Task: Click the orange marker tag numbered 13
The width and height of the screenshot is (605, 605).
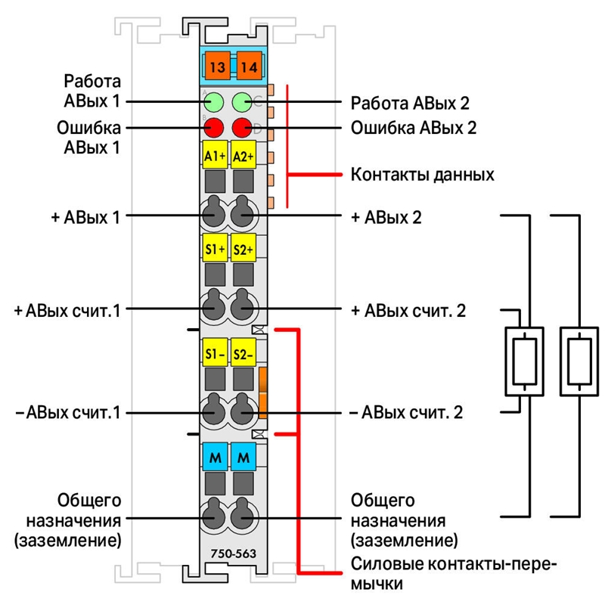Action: pyautogui.click(x=218, y=66)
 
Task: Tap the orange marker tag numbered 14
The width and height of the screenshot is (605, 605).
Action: pyautogui.click(x=249, y=66)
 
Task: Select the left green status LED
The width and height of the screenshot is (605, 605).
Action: pyautogui.click(x=213, y=102)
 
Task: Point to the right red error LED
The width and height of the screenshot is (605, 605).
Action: pyautogui.click(x=242, y=128)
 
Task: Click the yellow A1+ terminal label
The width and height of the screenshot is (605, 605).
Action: pyautogui.click(x=215, y=155)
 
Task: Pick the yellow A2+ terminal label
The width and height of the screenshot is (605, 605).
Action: pyautogui.click(x=244, y=155)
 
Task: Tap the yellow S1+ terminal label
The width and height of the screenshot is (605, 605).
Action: pyautogui.click(x=215, y=248)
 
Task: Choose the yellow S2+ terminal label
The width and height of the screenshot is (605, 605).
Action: pyautogui.click(x=244, y=248)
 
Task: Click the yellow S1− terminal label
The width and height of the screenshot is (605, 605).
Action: pyautogui.click(x=215, y=352)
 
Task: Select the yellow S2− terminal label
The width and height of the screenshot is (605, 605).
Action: pyautogui.click(x=244, y=352)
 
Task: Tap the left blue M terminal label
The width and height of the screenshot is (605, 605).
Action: pyautogui.click(x=215, y=457)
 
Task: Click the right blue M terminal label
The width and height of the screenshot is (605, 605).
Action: pyautogui.click(x=244, y=457)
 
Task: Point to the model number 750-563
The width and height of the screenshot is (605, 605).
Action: pyautogui.click(x=234, y=554)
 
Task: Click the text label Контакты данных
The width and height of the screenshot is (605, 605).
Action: pyautogui.click(x=422, y=175)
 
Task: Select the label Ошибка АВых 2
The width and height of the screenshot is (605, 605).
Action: pyautogui.click(x=414, y=128)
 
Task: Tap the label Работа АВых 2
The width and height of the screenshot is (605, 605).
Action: pyautogui.click(x=410, y=103)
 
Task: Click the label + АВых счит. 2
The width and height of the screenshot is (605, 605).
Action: pyautogui.click(x=408, y=311)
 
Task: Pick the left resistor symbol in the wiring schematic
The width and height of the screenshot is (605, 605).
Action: pyautogui.click(x=524, y=361)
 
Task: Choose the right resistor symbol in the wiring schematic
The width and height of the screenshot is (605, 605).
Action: pyautogui.click(x=579, y=361)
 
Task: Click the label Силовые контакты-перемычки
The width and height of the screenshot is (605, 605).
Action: pyautogui.click(x=454, y=574)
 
